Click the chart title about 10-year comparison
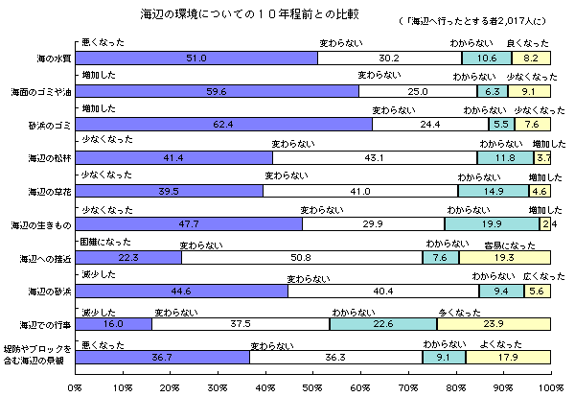pos(224,15)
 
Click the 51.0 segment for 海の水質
pos(196,58)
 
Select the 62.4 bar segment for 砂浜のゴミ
pos(223,125)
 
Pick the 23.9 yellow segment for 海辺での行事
pos(494,324)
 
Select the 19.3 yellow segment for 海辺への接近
pos(504,257)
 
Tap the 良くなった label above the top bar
pos(527,43)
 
